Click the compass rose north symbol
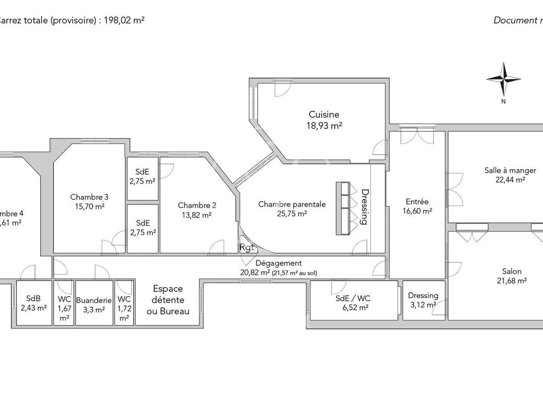click(503, 79)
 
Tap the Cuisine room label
click(324, 115)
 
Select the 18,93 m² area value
click(324, 126)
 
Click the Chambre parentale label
click(292, 204)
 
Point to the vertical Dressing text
click(364, 207)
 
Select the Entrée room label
click(417, 202)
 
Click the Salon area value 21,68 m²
click(511, 281)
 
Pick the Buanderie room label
click(94, 300)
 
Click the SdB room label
click(33, 299)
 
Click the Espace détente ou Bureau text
click(167, 300)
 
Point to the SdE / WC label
click(353, 298)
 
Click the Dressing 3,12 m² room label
click(423, 296)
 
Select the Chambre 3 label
click(89, 197)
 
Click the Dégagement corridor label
click(278, 263)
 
